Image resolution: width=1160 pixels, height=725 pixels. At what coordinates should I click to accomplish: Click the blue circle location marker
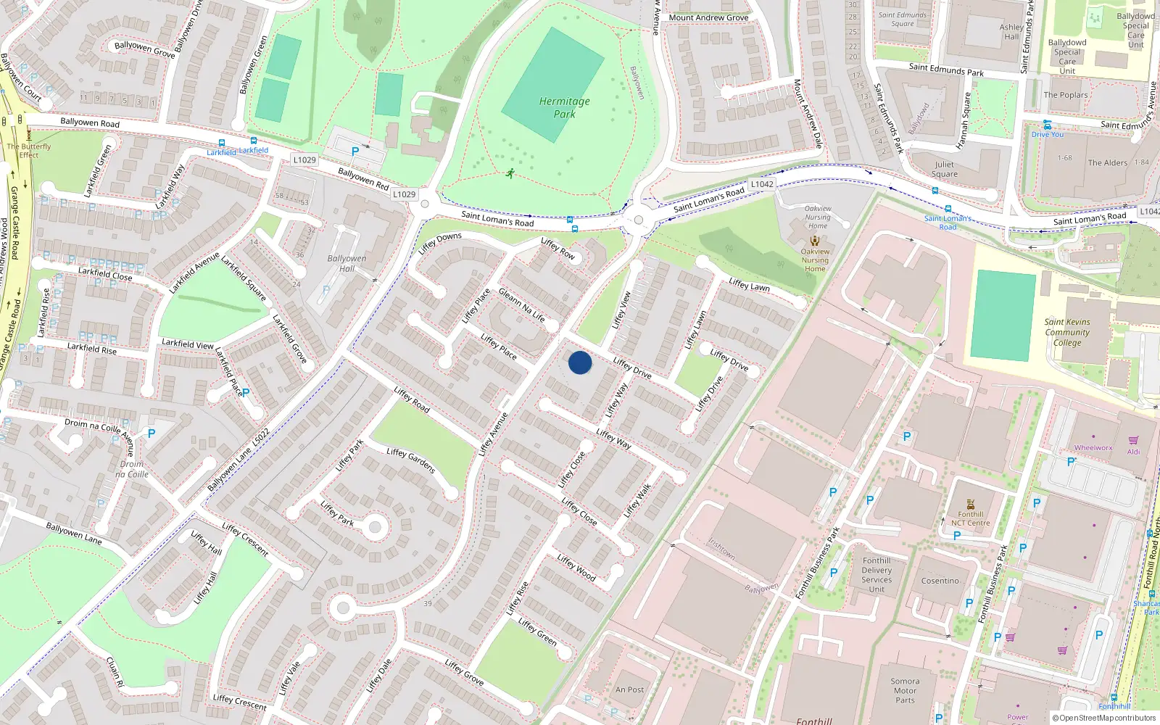(x=580, y=362)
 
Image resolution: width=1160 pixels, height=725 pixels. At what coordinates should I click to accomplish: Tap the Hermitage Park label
(x=564, y=107)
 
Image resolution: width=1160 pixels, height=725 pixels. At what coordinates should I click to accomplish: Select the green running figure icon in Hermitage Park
(x=510, y=173)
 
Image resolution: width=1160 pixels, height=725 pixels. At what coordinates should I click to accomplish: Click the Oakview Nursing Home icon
(x=815, y=241)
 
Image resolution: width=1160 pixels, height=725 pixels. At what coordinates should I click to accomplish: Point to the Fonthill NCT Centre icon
(x=971, y=505)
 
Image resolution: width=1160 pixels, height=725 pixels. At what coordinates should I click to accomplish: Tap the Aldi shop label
(x=1133, y=452)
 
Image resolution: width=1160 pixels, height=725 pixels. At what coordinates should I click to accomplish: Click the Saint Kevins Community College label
(x=1067, y=332)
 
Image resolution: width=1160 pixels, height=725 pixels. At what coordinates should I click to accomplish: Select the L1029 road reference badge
(x=305, y=159)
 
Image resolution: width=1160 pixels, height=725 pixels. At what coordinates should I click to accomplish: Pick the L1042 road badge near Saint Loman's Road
(x=762, y=184)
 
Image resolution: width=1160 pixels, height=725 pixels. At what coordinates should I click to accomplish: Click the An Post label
(x=629, y=689)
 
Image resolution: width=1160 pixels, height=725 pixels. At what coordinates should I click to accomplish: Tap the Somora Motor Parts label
(x=905, y=690)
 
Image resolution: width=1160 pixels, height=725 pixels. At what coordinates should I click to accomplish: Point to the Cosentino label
(x=940, y=581)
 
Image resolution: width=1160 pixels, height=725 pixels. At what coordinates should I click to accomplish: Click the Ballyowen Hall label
(x=347, y=263)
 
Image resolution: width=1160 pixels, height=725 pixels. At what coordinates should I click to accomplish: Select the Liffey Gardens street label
(x=411, y=460)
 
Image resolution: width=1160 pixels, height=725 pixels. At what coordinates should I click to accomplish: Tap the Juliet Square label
(x=944, y=169)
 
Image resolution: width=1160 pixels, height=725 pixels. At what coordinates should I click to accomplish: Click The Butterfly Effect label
(x=29, y=150)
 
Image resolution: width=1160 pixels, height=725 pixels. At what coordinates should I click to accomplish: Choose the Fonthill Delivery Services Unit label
(x=877, y=575)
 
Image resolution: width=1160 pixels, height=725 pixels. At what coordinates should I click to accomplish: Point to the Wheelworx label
(x=1093, y=448)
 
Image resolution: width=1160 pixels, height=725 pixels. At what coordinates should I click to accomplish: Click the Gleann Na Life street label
(x=521, y=304)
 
